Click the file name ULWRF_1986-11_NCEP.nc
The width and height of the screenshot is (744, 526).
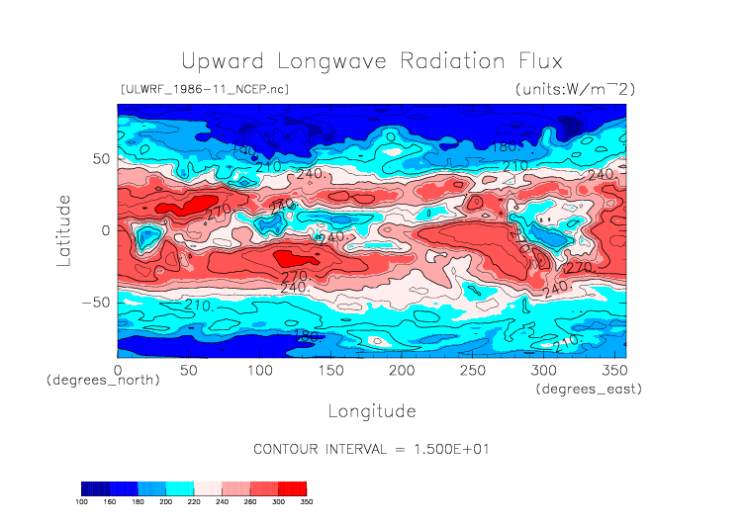click(204, 89)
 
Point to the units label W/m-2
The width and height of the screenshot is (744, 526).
click(574, 89)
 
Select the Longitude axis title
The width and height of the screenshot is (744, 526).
click(371, 410)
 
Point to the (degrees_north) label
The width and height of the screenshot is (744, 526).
click(103, 380)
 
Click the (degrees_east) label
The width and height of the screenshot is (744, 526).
click(589, 390)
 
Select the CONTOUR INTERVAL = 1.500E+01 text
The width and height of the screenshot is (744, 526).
click(371, 449)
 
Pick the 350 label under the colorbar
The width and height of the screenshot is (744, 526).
click(306, 502)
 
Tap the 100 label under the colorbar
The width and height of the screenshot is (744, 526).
click(82, 502)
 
